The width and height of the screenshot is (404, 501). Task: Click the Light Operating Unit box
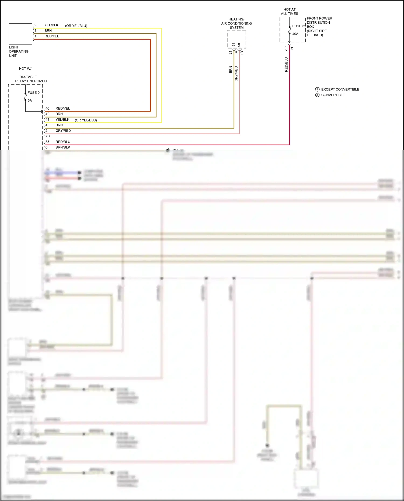click(x=20, y=34)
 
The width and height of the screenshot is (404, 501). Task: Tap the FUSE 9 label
click(x=33, y=93)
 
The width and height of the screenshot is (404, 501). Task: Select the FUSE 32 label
click(x=299, y=26)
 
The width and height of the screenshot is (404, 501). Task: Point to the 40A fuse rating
click(x=295, y=34)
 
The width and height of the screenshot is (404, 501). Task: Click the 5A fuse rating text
click(x=30, y=100)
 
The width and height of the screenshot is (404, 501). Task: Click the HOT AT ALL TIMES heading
click(x=289, y=12)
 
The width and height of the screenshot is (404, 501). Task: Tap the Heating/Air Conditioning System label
click(x=236, y=23)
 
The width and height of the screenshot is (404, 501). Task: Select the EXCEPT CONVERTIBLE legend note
click(x=340, y=89)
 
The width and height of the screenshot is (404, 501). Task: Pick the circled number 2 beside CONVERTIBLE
click(x=317, y=95)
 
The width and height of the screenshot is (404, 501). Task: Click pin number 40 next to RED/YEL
click(x=47, y=108)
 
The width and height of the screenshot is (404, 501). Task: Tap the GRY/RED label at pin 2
click(x=63, y=131)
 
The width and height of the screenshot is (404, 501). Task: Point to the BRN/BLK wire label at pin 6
click(x=63, y=147)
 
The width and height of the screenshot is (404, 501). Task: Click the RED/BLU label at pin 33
click(x=63, y=142)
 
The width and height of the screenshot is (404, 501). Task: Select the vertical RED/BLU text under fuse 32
click(x=286, y=64)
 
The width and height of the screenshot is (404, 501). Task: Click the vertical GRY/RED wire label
click(x=236, y=74)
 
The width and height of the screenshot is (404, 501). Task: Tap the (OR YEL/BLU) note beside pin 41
click(x=86, y=120)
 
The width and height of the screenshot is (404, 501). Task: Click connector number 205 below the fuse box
click(x=286, y=48)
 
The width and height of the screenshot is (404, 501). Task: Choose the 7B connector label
click(x=48, y=136)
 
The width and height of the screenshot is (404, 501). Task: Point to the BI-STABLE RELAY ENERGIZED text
click(x=31, y=79)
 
